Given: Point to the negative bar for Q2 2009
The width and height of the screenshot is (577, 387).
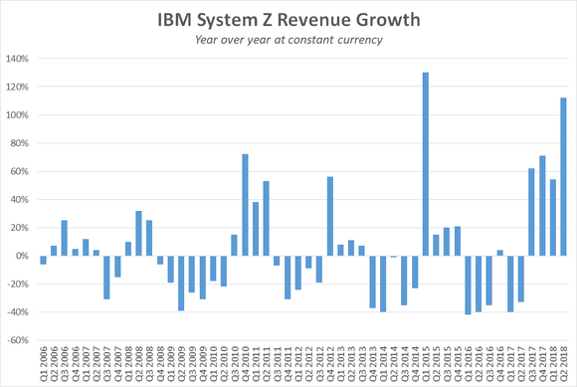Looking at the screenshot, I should click(181, 283).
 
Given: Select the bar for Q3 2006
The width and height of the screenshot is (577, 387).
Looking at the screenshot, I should click(64, 238).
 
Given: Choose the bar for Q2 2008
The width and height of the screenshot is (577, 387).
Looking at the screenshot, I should click(138, 233).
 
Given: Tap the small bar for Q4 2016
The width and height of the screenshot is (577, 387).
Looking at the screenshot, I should click(500, 253).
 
